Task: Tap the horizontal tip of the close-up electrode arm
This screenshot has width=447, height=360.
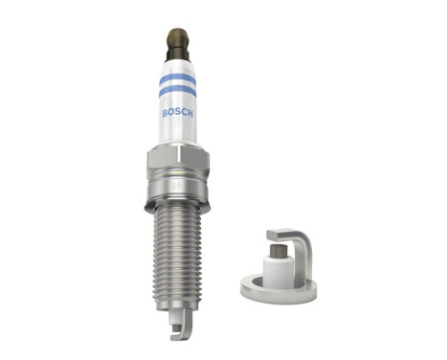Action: click(280, 234)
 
